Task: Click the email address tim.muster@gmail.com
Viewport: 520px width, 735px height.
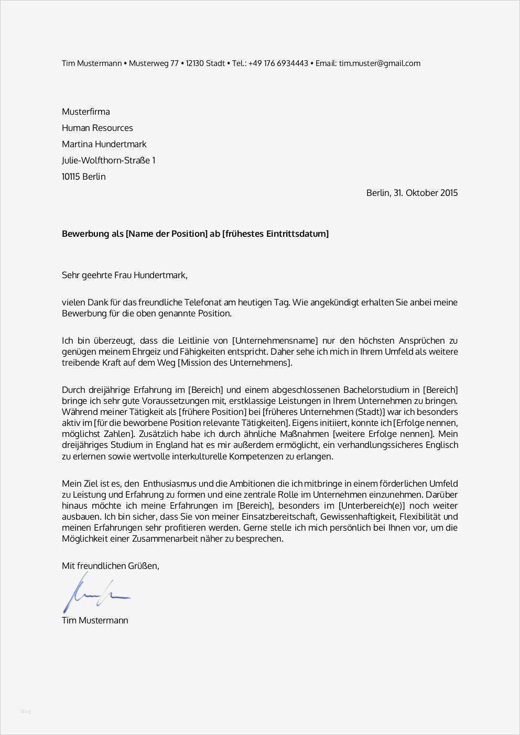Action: pyautogui.click(x=380, y=63)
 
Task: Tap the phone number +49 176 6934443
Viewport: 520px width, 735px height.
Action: pyautogui.click(x=278, y=63)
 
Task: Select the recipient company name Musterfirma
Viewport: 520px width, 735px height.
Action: pyautogui.click(x=86, y=112)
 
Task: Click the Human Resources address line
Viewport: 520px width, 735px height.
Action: pyautogui.click(x=97, y=128)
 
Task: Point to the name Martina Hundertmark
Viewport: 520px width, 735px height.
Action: pyautogui.click(x=104, y=144)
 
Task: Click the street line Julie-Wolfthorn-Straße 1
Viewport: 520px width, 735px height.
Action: pyautogui.click(x=109, y=160)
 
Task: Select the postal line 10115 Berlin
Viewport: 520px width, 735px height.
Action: pyautogui.click(x=84, y=177)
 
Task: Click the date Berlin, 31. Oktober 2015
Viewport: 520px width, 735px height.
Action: pyautogui.click(x=412, y=193)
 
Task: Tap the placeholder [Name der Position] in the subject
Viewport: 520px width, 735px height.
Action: pyautogui.click(x=167, y=234)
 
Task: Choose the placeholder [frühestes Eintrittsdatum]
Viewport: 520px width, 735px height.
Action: pyautogui.click(x=276, y=234)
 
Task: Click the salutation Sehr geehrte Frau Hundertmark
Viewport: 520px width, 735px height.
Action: pyautogui.click(x=125, y=275)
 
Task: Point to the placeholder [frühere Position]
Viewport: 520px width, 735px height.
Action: pyautogui.click(x=212, y=412)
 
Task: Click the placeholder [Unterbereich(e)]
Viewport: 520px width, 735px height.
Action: pyautogui.click(x=372, y=506)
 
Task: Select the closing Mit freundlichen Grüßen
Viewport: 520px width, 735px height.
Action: pyautogui.click(x=111, y=566)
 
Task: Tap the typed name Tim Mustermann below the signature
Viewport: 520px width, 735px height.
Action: pyautogui.click(x=95, y=620)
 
